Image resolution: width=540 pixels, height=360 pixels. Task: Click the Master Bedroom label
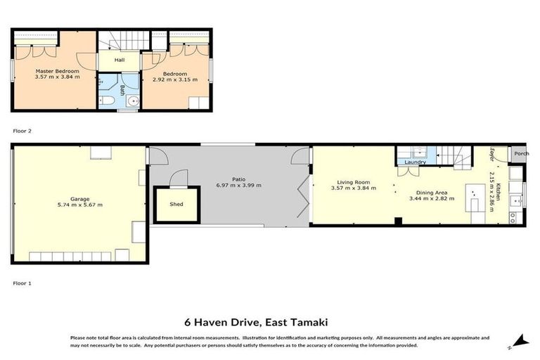point(58,72)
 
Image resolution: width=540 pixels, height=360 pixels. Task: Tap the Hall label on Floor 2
point(119,60)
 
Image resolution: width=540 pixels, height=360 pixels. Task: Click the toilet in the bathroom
point(107,102)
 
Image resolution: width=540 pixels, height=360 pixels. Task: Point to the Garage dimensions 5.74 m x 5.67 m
point(80,205)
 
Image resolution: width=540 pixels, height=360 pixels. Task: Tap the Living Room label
point(354,183)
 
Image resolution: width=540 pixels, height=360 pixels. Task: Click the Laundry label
point(416,162)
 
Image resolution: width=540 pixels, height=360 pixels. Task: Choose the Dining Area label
point(431,193)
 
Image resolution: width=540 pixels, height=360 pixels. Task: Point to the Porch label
point(521,154)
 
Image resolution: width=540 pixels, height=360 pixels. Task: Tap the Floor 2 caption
point(22,131)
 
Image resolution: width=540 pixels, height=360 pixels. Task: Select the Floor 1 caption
point(22,283)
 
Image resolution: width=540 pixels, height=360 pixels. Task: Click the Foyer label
point(492,155)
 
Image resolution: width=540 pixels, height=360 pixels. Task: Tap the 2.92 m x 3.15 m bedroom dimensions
point(175,79)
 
